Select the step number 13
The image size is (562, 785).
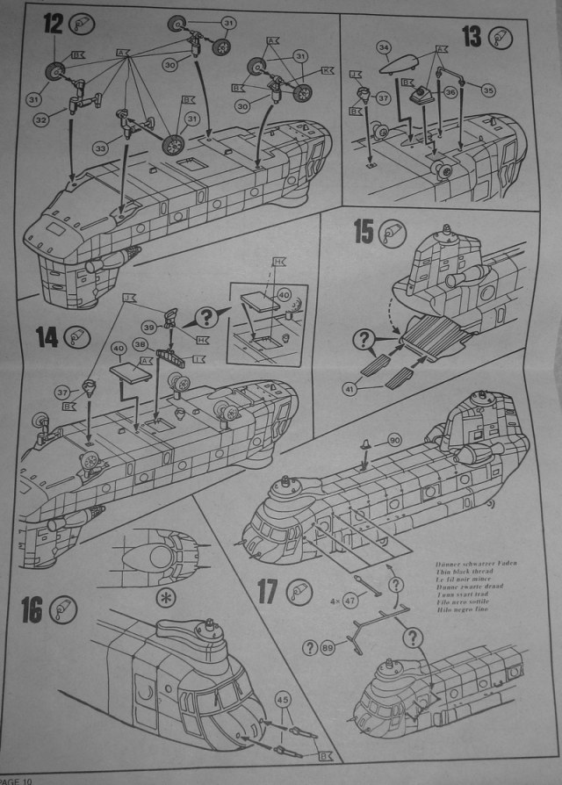click(x=471, y=38)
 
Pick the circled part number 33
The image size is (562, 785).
click(x=101, y=149)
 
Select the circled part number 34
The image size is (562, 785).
click(x=383, y=48)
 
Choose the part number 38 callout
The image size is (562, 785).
click(x=138, y=347)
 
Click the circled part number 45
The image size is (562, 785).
click(x=283, y=700)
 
